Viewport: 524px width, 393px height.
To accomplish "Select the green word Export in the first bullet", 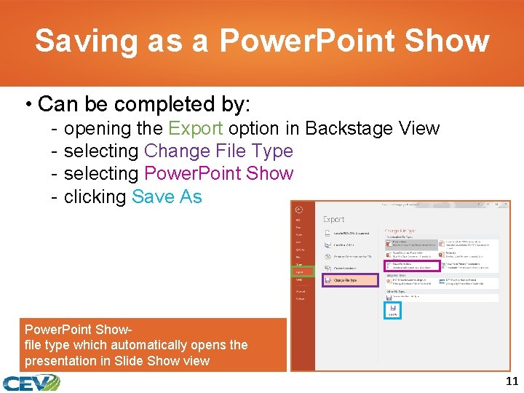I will [195, 129].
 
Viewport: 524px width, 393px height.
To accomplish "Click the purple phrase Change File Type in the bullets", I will [218, 151].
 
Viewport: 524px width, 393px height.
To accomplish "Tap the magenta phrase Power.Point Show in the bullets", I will [218, 174].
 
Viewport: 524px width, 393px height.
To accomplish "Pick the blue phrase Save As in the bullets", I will [167, 196].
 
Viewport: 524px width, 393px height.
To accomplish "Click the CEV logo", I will [31, 382].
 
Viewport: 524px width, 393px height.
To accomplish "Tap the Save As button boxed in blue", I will [392, 311].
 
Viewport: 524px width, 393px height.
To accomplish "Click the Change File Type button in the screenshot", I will [345, 279].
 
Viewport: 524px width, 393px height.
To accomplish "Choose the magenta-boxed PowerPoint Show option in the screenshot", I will [412, 267].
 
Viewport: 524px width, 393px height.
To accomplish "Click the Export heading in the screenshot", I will [334, 219].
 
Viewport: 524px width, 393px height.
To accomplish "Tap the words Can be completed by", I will [138, 104].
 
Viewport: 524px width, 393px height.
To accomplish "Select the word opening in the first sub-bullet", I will [90, 129].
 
